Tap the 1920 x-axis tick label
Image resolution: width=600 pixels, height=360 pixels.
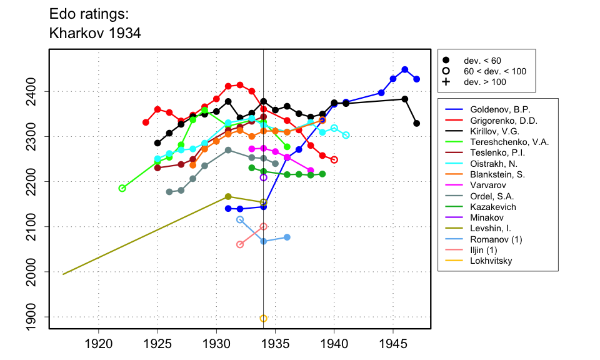coord(99,343)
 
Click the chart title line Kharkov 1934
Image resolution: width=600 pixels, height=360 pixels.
coord(94,33)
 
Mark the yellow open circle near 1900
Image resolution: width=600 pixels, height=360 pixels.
coord(264,318)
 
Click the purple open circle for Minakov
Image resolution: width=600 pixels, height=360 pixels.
coord(264,177)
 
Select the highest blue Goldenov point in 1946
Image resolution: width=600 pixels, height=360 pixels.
coord(405,69)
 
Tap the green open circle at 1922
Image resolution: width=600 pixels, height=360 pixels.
coord(122,188)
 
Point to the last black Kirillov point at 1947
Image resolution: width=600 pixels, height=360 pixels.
coord(417,123)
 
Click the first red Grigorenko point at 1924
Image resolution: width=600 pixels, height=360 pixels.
coord(146,122)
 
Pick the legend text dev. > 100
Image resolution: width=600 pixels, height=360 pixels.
coord(485,82)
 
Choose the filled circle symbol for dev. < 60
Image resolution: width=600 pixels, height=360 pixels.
coord(446,61)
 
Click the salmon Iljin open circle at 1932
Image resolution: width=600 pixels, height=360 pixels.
coord(240,244)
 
